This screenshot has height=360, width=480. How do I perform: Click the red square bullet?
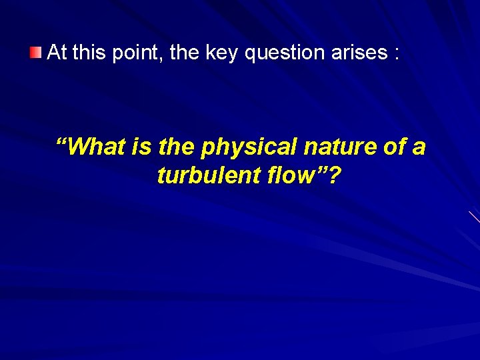(x=36, y=53)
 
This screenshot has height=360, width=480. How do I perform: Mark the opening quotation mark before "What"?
(x=61, y=142)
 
